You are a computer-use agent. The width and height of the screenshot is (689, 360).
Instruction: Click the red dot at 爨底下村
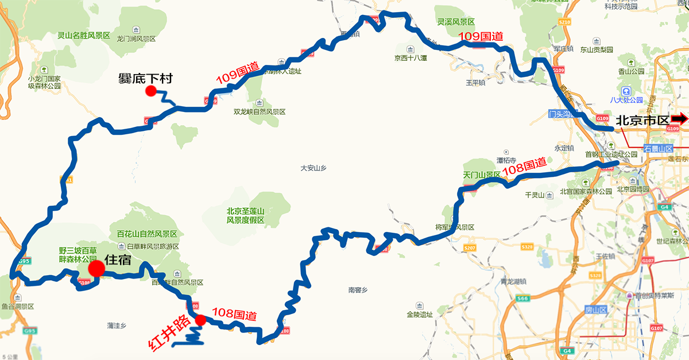(151, 91)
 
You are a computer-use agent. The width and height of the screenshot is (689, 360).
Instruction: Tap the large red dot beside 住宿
(96, 268)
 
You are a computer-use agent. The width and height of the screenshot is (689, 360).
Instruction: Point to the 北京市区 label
(642, 121)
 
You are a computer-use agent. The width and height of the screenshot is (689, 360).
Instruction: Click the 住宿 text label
(118, 260)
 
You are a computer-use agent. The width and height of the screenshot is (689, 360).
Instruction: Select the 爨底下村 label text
(145, 78)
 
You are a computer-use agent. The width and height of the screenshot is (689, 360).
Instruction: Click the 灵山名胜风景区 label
(83, 36)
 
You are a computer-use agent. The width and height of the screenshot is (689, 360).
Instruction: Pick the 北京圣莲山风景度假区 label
(246, 215)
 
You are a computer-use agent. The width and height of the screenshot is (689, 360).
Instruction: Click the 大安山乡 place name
(313, 168)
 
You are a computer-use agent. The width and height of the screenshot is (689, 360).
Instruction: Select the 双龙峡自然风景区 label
(260, 112)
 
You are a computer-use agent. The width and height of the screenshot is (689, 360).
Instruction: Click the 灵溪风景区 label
(456, 22)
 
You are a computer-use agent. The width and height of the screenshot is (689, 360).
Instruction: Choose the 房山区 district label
(595, 309)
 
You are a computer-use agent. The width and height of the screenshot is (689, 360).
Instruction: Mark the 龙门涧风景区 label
(137, 38)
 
